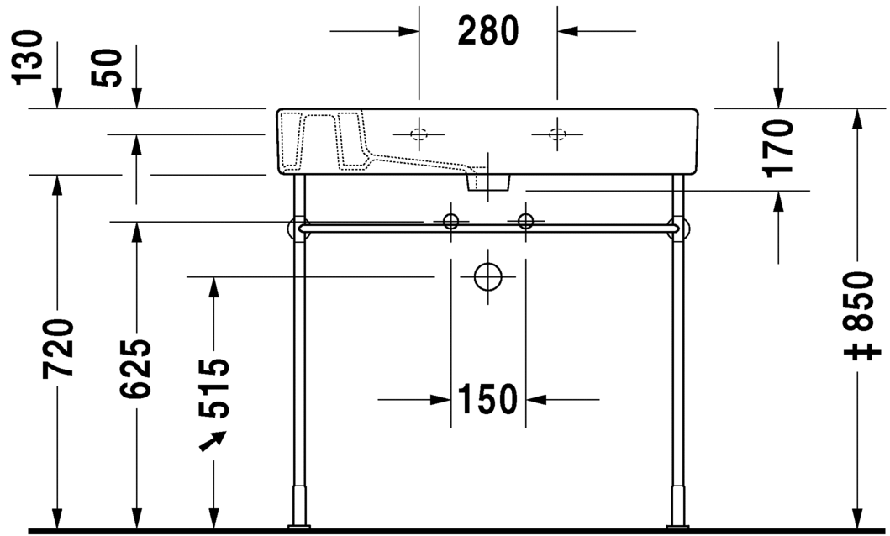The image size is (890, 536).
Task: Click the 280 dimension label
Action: pos(488,30)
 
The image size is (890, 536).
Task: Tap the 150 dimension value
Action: pos(487,399)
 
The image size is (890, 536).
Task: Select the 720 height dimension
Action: pos(58,349)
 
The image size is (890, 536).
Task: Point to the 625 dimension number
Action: pos(135,368)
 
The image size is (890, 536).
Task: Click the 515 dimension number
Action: pos(214,388)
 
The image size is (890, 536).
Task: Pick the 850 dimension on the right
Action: pos(858,301)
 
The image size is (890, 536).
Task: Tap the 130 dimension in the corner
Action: pos(28,57)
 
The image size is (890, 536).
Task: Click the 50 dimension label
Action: pos(107,68)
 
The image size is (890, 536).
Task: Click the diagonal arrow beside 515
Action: pos(213,441)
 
